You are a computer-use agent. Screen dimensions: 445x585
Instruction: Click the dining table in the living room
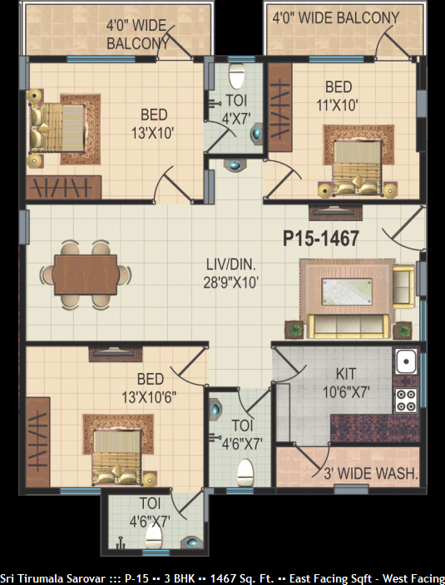tap(86, 275)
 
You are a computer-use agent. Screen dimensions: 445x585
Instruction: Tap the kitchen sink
tap(406, 361)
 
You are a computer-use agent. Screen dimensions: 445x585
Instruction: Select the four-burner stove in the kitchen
tap(406, 400)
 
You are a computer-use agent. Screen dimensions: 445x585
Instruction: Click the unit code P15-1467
tap(321, 238)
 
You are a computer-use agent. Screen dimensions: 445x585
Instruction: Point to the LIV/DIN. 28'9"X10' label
tap(231, 274)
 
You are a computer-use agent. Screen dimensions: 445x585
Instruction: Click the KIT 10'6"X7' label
tap(346, 383)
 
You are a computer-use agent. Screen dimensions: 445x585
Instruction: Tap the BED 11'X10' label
tap(338, 96)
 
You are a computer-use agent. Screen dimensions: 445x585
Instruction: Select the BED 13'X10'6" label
tap(150, 388)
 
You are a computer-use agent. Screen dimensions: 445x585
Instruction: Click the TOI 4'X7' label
tap(236, 110)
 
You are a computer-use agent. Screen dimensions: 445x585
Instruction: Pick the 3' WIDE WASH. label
tap(371, 474)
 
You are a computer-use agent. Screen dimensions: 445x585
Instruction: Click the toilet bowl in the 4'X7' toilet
tap(236, 76)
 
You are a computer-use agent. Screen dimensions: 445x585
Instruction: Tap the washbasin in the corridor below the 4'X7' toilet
tap(235, 165)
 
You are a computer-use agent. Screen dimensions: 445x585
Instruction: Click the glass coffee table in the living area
tap(347, 292)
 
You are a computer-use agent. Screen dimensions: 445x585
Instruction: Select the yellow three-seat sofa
tap(348, 327)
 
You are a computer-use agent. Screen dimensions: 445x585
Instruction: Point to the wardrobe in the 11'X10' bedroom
tap(280, 107)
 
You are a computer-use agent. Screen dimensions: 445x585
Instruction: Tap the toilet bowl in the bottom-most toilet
tap(153, 536)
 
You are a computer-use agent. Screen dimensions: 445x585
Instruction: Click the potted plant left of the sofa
tap(294, 330)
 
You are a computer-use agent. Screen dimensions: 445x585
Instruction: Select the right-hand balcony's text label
tap(335, 18)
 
